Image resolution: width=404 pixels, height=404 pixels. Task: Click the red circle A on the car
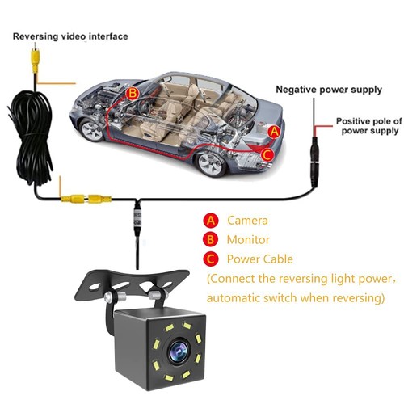click(x=274, y=129)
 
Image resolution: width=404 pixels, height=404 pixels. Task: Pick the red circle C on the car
click(x=267, y=153)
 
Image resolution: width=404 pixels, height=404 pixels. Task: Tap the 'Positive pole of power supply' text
click(x=367, y=125)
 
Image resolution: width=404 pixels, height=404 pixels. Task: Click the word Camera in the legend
click(x=246, y=220)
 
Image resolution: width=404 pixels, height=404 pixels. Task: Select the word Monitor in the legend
click(x=249, y=239)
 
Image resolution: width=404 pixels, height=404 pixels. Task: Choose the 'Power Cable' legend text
click(x=259, y=259)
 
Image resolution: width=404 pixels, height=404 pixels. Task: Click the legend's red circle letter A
click(x=211, y=220)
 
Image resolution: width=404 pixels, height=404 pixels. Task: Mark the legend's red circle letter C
click(x=211, y=259)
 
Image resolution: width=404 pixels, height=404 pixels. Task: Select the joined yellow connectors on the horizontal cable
click(x=85, y=196)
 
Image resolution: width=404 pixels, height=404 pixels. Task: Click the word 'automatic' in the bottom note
click(x=235, y=298)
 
